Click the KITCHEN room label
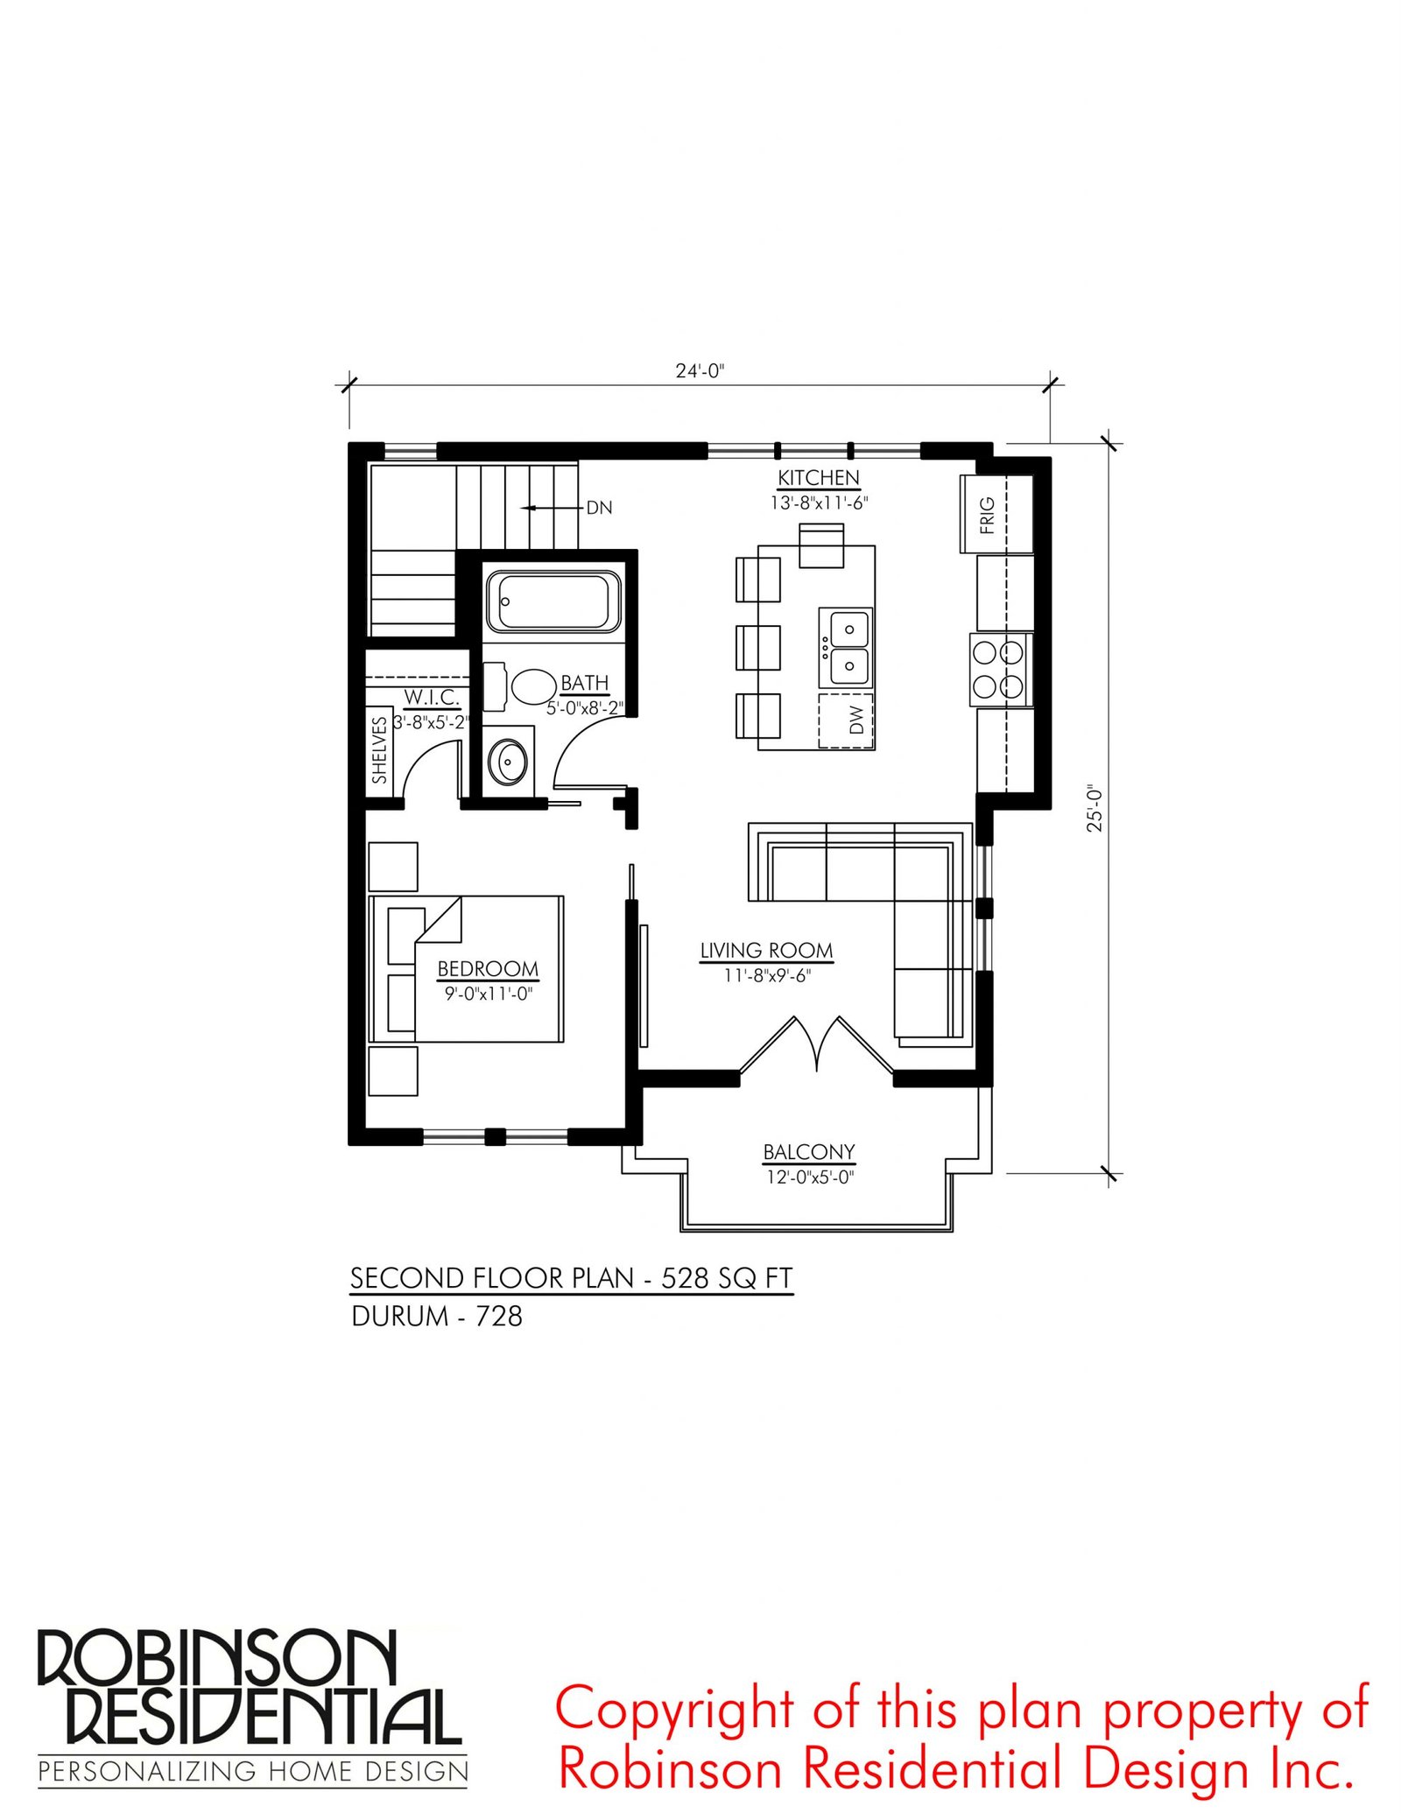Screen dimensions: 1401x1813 click(x=819, y=478)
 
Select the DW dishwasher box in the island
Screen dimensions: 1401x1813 click(x=847, y=720)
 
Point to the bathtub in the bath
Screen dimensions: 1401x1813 click(x=553, y=601)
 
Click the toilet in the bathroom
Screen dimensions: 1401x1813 click(x=521, y=686)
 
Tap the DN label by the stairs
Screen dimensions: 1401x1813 click(x=599, y=508)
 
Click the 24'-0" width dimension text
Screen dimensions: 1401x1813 click(x=700, y=370)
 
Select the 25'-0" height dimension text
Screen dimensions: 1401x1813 click(x=1095, y=808)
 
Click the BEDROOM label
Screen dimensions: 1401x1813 click(x=488, y=969)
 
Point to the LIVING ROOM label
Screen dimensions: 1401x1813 click(x=766, y=951)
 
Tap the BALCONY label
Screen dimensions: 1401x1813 click(x=809, y=1152)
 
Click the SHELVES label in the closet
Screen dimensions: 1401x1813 click(x=379, y=750)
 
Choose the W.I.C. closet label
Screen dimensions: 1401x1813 click(x=432, y=698)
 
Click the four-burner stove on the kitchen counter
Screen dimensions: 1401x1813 click(x=1000, y=670)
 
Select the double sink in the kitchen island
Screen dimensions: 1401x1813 click(x=846, y=648)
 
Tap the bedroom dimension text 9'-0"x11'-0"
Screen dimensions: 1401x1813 click(x=489, y=994)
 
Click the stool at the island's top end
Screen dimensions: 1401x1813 click(x=821, y=545)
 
